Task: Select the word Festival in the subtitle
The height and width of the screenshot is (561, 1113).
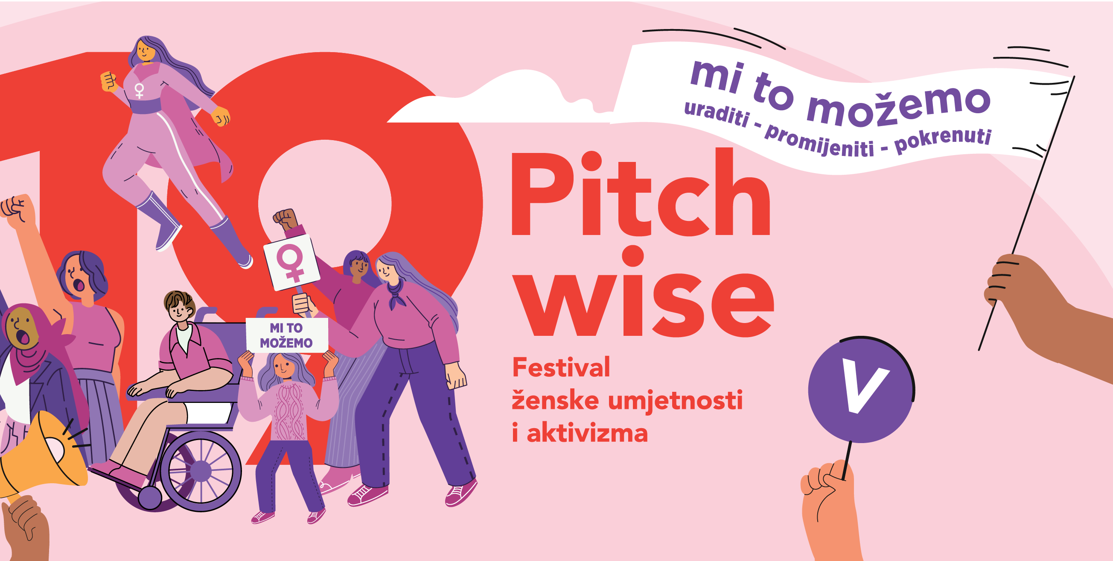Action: coord(561,367)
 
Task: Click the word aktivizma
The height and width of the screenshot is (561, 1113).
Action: coord(586,432)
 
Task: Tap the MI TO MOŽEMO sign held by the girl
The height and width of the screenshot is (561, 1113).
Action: coord(286,335)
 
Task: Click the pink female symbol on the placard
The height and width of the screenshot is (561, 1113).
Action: coord(291,262)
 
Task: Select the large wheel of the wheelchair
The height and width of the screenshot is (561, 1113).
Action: coord(200,470)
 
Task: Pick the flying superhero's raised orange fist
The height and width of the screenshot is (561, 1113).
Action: coord(109,81)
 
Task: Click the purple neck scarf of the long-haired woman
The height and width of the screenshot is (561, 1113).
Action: coord(396,293)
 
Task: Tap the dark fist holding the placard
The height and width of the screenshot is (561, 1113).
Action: coord(286,219)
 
